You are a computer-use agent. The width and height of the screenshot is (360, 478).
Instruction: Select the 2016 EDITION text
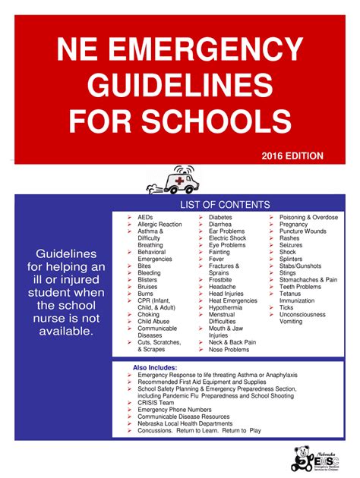292,156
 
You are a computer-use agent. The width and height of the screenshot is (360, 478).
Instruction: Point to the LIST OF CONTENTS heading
224,205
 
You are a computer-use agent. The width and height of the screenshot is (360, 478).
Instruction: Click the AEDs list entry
145,218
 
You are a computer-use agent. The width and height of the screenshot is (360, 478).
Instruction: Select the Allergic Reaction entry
159,225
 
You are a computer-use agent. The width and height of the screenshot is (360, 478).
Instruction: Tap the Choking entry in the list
148,314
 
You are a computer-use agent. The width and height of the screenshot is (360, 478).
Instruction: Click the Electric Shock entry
228,238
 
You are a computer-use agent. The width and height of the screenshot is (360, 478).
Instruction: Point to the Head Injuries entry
226,294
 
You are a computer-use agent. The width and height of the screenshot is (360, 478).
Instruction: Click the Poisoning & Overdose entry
308,218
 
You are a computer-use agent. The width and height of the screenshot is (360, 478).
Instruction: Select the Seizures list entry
291,245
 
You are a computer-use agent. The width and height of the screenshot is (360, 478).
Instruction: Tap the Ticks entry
287,307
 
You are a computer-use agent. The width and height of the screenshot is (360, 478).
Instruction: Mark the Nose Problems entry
229,349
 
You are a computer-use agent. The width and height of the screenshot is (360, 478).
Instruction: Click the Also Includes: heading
155,368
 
